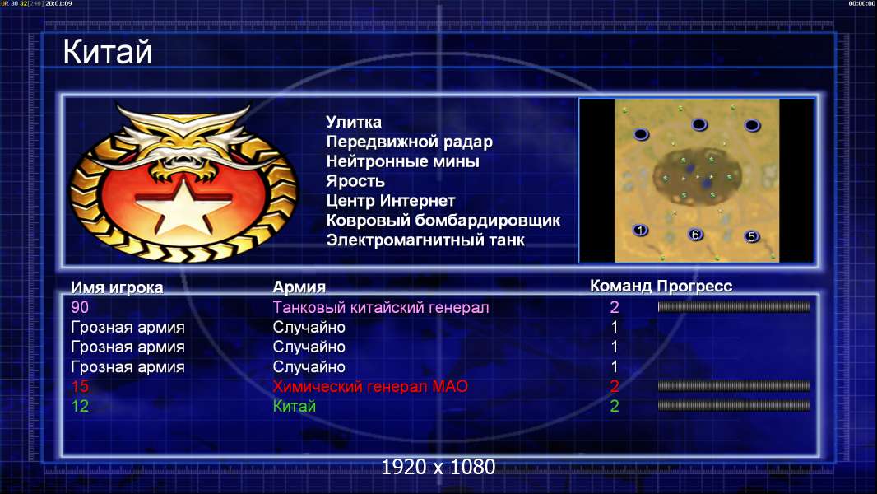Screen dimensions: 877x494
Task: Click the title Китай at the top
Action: (107, 52)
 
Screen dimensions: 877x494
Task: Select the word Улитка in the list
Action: (354, 122)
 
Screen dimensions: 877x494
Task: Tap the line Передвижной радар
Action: (410, 142)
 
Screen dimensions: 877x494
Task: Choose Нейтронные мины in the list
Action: (402, 161)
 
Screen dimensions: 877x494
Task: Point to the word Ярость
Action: (355, 181)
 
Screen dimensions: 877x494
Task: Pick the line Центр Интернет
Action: (391, 201)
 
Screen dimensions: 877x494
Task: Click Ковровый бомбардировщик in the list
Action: (443, 221)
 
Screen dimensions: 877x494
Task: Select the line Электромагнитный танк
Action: (425, 240)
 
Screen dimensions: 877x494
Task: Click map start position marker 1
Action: (640, 230)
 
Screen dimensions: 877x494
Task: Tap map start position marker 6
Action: (695, 235)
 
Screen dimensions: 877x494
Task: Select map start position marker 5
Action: (752, 236)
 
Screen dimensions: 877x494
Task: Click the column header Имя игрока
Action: (117, 287)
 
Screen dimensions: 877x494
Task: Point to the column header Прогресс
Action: (694, 287)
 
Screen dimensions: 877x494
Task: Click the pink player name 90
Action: (80, 307)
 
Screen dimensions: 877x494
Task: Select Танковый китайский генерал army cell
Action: (381, 308)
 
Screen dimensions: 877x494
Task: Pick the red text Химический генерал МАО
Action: (370, 387)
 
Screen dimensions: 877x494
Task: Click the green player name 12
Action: (80, 406)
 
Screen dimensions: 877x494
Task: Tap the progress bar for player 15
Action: (734, 386)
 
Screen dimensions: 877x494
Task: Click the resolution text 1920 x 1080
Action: (438, 467)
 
